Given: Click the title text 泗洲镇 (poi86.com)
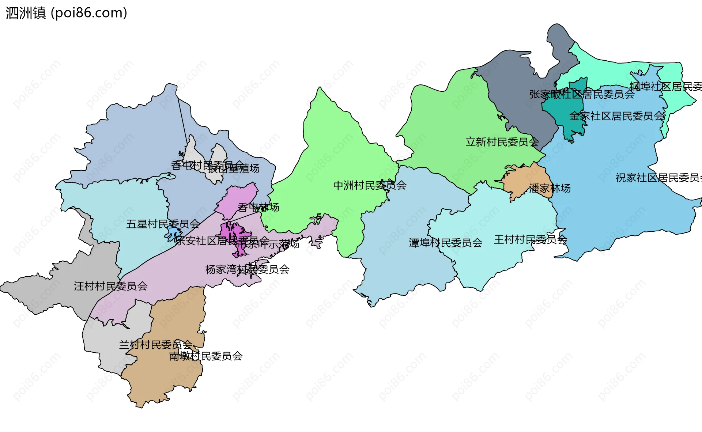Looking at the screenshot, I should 66,13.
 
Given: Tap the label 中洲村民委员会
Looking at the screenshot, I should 370,185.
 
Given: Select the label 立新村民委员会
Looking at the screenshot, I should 502,142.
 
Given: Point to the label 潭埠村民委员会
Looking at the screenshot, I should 445,243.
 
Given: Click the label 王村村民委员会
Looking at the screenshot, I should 530,240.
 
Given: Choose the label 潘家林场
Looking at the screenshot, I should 550,188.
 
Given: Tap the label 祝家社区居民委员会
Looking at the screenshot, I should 658,178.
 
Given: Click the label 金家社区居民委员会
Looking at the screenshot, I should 617,116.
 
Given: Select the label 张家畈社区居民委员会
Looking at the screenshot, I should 582,94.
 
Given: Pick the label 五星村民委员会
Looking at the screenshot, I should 163,224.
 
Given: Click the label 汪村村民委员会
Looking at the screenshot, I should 110,286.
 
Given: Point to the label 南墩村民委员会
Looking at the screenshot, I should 205,356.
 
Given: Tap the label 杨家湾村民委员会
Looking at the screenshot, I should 247,270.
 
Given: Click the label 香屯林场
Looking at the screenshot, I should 258,208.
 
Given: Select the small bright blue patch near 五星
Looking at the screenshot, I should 173,232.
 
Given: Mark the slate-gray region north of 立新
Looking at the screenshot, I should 519,91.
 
